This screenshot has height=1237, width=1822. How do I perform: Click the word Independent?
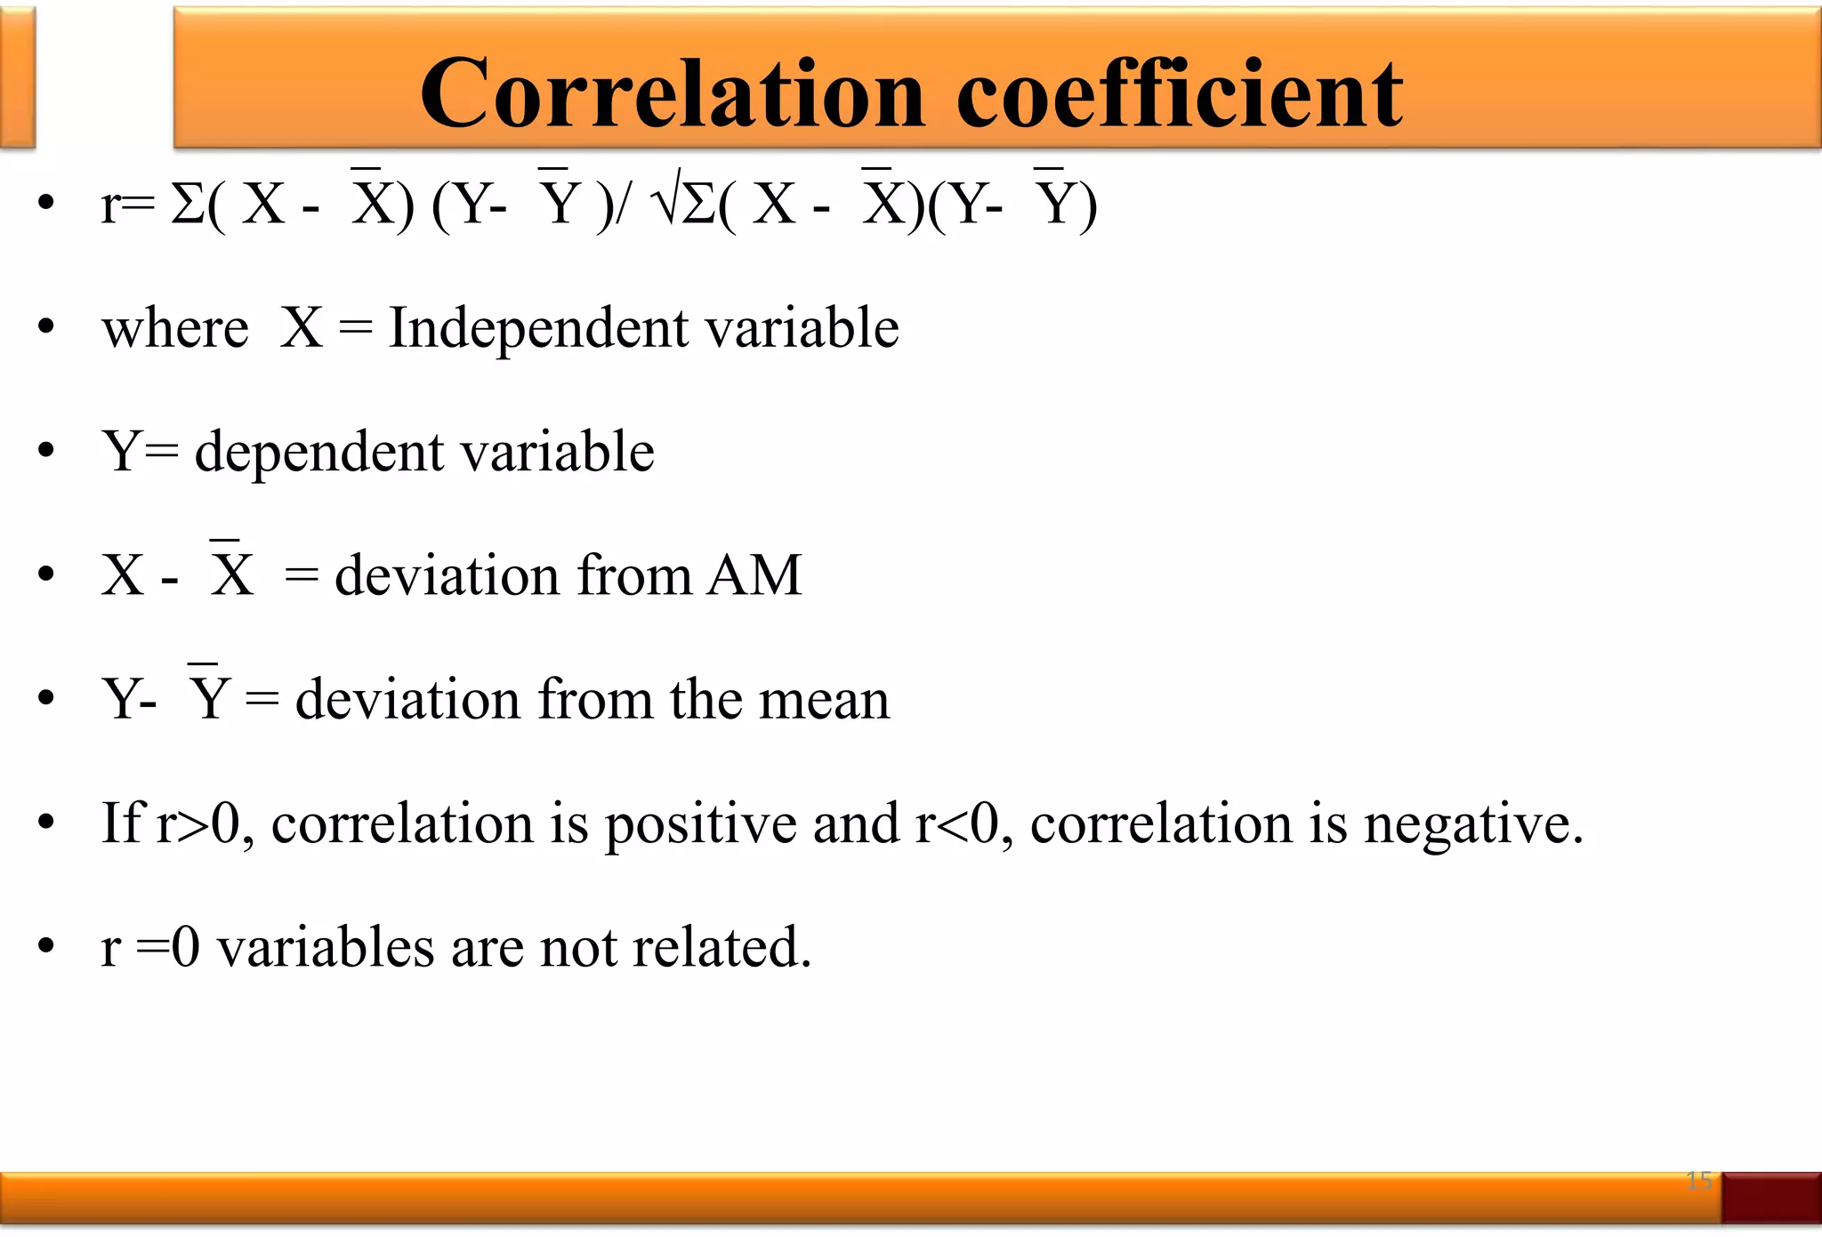click(539, 328)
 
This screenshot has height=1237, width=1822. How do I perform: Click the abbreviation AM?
click(754, 575)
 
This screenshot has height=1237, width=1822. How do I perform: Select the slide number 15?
click(1698, 1181)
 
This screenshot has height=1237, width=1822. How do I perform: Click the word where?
click(175, 328)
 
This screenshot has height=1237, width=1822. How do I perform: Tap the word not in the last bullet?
click(578, 947)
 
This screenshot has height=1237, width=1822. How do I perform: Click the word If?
click(121, 823)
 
